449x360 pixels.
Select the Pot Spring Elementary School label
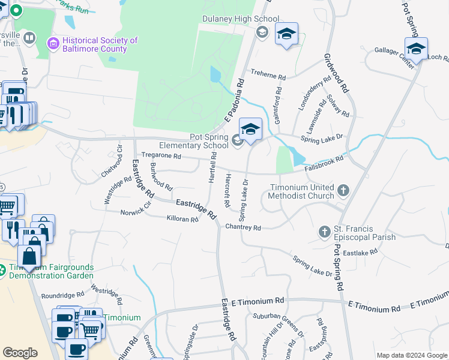pos(193,141)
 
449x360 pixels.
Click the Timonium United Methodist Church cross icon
pos(343,191)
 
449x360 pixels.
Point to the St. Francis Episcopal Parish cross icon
pos(325,232)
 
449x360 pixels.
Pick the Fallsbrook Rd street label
pos(324,161)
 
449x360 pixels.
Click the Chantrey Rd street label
pos(243,227)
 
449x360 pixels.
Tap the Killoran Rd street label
pos(182,220)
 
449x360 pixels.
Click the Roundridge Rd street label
pos(62,295)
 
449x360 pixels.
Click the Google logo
pos(20,353)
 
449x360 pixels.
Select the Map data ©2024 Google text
pos(411,355)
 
